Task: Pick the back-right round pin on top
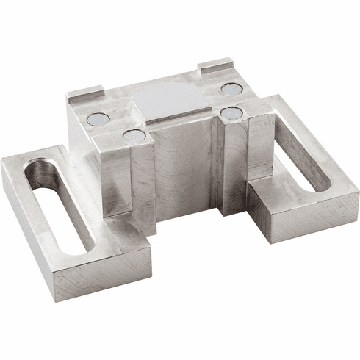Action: point(231,89)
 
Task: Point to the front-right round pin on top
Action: point(231,112)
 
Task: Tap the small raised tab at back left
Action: point(85,93)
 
